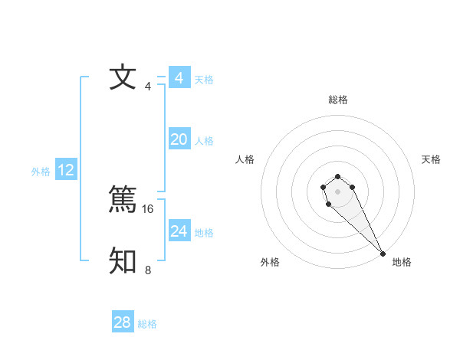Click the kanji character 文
pyautogui.click(x=123, y=78)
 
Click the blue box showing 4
pyautogui.click(x=179, y=78)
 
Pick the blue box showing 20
pyautogui.click(x=179, y=139)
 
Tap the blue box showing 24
pyautogui.click(x=179, y=231)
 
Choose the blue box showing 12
pyautogui.click(x=66, y=170)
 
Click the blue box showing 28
pyautogui.click(x=123, y=322)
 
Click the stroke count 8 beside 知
pyautogui.click(x=148, y=270)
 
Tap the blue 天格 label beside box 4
pyautogui.click(x=204, y=80)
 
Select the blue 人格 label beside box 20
pyautogui.click(x=204, y=141)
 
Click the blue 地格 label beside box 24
pyautogui.click(x=204, y=233)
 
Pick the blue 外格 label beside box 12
pyautogui.click(x=41, y=172)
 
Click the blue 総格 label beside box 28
pyautogui.click(x=147, y=324)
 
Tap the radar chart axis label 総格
pyautogui.click(x=338, y=100)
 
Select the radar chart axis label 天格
pyautogui.click(x=431, y=159)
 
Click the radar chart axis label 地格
pyautogui.click(x=402, y=263)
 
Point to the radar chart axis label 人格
pyautogui.click(x=245, y=159)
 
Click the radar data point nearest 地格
pyautogui.click(x=383, y=254)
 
